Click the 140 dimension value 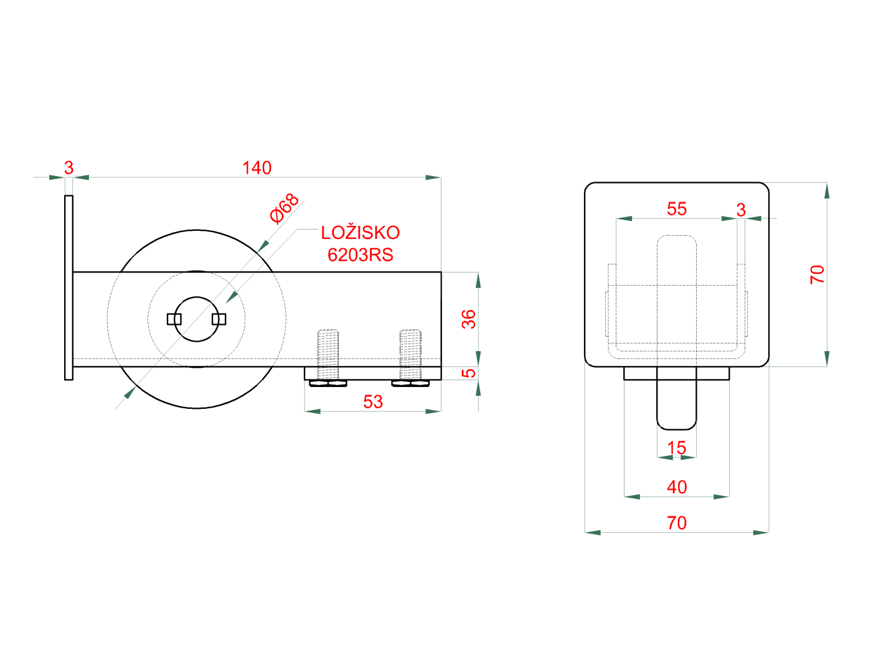point(257,168)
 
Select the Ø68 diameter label point(284,208)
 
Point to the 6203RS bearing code point(360,255)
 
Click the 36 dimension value point(469,319)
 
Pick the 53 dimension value point(372,402)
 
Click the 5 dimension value point(469,373)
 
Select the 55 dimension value point(677,209)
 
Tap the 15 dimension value point(677,448)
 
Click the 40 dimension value point(677,487)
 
